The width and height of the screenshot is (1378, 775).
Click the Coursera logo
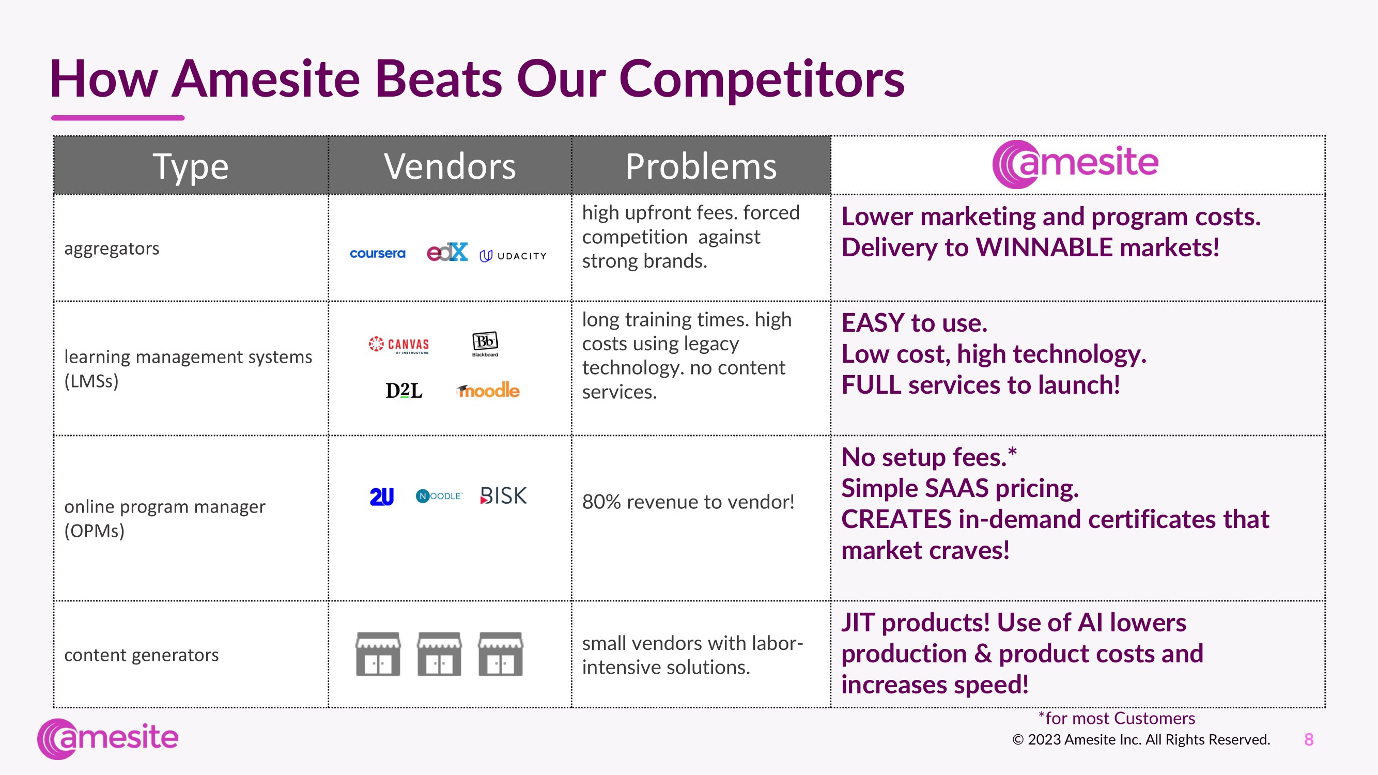tap(378, 254)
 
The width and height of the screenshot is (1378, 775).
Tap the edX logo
tap(447, 252)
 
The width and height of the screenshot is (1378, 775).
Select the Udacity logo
tap(513, 256)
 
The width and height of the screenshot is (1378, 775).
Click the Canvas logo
tap(399, 345)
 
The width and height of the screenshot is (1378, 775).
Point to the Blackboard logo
tap(485, 344)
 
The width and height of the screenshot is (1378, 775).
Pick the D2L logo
tap(404, 391)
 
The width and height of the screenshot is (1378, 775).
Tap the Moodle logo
tap(488, 391)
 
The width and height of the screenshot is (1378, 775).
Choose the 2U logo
tap(381, 497)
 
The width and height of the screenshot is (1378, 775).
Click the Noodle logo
tap(439, 497)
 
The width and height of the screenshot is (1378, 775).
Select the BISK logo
tap(503, 496)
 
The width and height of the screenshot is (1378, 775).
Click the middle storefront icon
tap(439, 654)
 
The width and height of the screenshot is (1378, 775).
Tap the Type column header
tap(191, 166)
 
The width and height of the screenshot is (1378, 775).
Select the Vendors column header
tap(450, 166)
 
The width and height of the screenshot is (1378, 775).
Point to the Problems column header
tap(701, 166)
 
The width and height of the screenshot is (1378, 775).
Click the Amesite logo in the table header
tap(1075, 164)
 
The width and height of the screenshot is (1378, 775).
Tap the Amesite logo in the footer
tap(107, 739)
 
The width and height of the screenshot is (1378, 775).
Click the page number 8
tap(1309, 740)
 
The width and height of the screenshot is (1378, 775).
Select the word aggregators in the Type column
tap(112, 249)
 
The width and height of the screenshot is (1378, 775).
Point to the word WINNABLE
tap(1044, 247)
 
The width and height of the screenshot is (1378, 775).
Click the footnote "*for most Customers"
tap(1117, 718)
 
